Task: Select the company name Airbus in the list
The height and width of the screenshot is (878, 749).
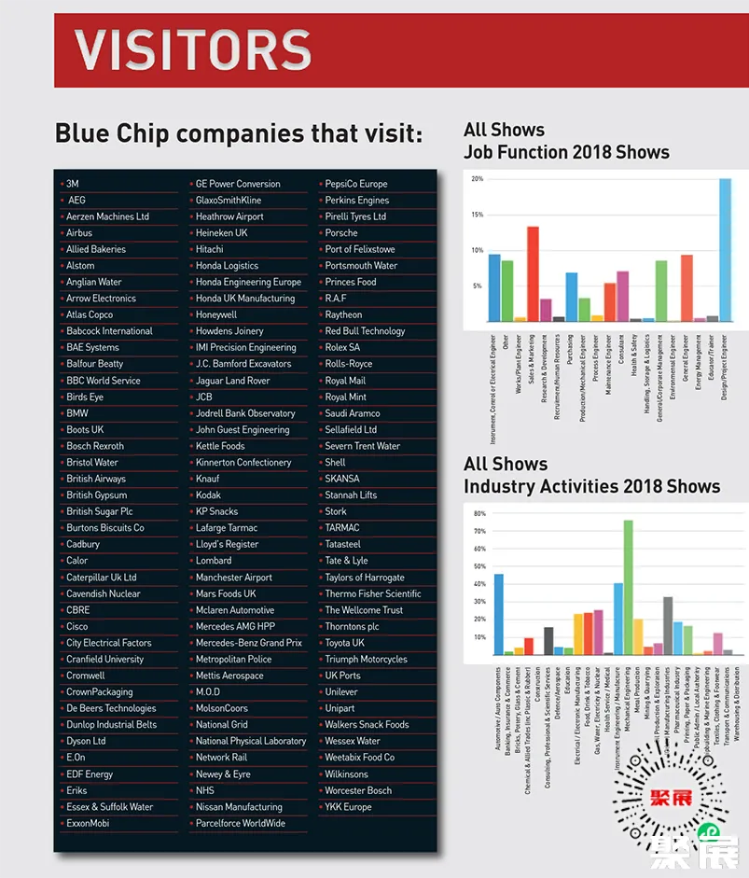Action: [x=79, y=233]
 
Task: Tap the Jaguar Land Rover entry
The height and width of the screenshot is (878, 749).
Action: [x=232, y=381]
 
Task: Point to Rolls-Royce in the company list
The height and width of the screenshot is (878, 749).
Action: [x=348, y=364]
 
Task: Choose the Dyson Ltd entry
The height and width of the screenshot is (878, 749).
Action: [x=86, y=741]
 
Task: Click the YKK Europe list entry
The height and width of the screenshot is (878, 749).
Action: [x=348, y=807]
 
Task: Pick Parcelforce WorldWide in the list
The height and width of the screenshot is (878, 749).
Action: [x=240, y=823]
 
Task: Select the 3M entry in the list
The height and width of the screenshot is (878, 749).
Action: [x=73, y=184]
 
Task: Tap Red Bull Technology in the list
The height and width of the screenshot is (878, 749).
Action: [x=365, y=331]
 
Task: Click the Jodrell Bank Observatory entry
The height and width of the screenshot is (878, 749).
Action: [x=244, y=413]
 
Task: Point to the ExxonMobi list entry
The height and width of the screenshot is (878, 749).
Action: [x=88, y=823]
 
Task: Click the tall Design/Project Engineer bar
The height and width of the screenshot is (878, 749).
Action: [x=725, y=250]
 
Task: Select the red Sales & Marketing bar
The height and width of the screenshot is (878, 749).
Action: [x=533, y=273]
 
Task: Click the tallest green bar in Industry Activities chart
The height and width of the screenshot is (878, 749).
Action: [x=628, y=588]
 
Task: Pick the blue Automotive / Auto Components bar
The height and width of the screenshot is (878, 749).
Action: [x=498, y=614]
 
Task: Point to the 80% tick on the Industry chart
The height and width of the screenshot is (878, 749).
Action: [x=479, y=513]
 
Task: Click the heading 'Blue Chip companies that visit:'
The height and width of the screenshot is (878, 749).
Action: [x=239, y=133]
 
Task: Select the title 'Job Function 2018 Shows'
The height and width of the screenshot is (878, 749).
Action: [x=566, y=152]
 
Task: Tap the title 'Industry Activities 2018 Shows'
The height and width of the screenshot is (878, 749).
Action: [x=591, y=486]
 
